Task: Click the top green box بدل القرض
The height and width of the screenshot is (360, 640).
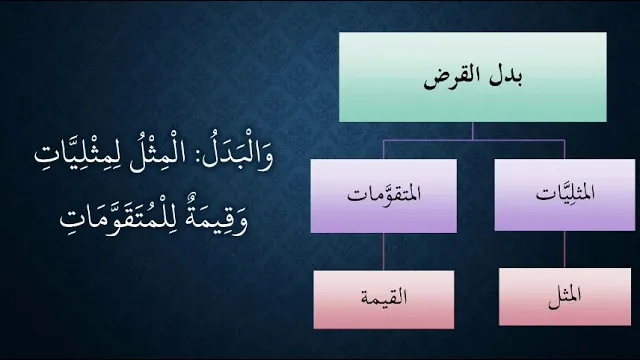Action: [473, 77]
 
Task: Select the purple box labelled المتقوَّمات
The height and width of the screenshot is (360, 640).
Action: [384, 196]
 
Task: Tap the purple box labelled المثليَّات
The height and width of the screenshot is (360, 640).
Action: [565, 195]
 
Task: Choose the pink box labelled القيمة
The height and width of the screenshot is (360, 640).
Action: [384, 299]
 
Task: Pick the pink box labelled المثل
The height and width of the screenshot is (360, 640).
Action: [565, 297]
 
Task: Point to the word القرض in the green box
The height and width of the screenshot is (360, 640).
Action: [452, 78]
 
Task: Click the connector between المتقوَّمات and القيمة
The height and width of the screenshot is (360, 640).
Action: [383, 251]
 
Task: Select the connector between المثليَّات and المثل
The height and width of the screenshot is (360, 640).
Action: [565, 249]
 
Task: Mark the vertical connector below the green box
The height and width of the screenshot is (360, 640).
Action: [473, 131]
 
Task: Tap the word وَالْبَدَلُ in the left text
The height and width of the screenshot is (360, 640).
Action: [238, 155]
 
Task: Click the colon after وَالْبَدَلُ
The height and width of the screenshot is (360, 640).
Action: [194, 157]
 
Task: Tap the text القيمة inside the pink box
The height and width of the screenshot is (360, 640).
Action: [384, 297]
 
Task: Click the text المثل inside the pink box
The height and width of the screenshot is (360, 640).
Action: [565, 296]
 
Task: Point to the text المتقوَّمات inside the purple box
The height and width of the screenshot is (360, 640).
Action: [384, 193]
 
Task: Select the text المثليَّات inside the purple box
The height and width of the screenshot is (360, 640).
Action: [565, 192]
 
